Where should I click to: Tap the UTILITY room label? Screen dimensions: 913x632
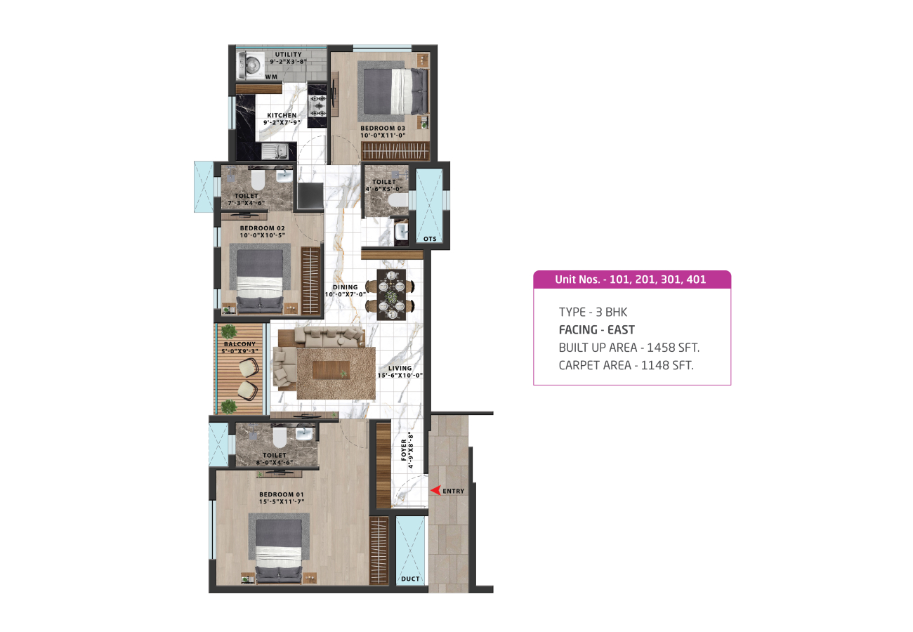288,54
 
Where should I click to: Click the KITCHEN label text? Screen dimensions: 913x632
282,115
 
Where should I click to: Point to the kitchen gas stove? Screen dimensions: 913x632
317,105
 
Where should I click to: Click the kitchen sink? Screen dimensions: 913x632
275,152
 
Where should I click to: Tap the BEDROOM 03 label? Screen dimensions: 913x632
383,128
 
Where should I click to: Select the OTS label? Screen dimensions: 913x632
430,239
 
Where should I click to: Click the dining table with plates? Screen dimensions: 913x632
391,295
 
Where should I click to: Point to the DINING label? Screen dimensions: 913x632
346,287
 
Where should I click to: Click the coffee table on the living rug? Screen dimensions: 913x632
331,370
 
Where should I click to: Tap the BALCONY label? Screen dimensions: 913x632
239,344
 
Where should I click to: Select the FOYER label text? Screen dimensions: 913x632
404,450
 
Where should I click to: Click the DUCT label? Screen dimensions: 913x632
410,579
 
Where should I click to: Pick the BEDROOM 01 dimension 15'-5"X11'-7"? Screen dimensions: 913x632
282,501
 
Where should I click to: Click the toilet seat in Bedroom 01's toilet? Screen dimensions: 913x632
280,437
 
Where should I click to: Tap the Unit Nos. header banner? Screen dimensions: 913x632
632,279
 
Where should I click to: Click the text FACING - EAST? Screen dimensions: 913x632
597,329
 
